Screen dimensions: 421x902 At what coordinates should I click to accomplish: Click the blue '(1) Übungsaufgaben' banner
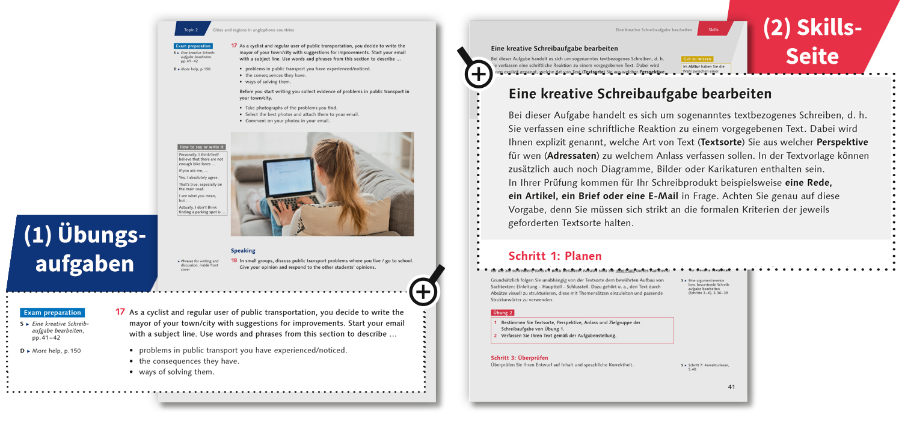(x=84, y=250)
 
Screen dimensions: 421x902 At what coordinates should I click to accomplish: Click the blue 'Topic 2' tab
(x=191, y=29)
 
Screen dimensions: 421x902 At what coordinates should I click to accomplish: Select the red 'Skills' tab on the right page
(x=713, y=29)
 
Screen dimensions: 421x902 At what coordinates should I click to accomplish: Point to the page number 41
(x=731, y=387)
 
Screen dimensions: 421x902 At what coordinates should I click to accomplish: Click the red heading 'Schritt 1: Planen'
(x=554, y=256)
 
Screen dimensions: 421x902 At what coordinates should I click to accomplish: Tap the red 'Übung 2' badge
(x=503, y=313)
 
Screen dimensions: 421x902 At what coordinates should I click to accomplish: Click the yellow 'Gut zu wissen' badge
(x=697, y=59)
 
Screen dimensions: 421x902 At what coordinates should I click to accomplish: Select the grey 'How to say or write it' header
(x=201, y=147)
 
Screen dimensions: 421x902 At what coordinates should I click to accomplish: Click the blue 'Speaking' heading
(x=243, y=250)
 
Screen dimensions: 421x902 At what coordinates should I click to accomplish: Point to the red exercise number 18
(x=235, y=260)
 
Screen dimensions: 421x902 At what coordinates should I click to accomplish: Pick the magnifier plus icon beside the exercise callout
(x=423, y=292)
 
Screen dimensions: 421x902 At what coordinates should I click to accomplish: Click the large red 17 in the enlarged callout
(x=120, y=312)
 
